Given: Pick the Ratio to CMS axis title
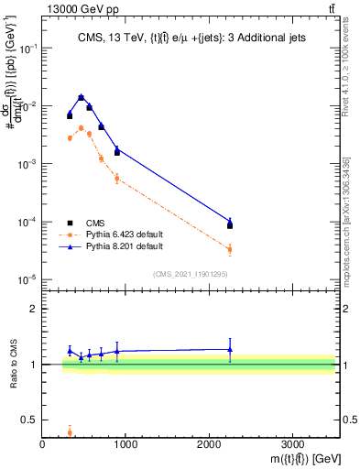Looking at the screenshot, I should [x=13, y=365].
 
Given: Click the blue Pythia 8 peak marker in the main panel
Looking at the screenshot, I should [x=81, y=96].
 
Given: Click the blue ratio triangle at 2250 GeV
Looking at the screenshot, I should [x=230, y=349].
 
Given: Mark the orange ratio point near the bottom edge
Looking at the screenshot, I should [x=70, y=433].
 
